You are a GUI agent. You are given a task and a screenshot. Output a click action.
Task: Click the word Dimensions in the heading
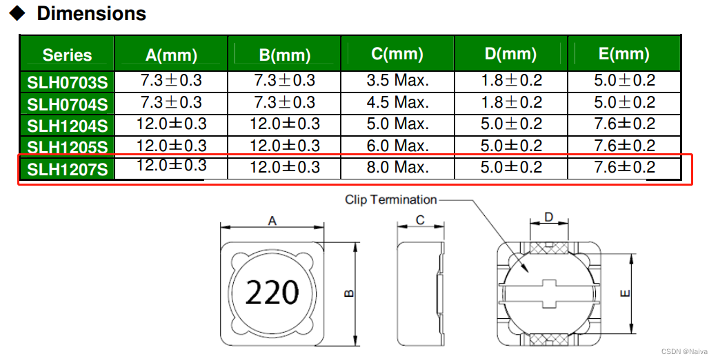point(91,13)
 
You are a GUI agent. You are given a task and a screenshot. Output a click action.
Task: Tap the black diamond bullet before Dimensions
point(18,14)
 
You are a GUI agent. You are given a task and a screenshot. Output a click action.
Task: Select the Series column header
point(68,55)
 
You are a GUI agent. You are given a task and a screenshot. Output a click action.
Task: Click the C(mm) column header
point(397,54)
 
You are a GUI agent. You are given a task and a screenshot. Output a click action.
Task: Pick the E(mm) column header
point(624,54)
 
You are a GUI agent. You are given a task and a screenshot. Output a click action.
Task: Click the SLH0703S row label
point(68,82)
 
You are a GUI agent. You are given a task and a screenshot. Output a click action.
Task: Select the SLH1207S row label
point(68,170)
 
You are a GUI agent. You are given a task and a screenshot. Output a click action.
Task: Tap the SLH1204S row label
point(68,126)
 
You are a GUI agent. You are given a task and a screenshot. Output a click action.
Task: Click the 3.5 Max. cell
point(397,81)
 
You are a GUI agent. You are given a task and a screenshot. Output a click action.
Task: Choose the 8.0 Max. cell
point(397,167)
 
